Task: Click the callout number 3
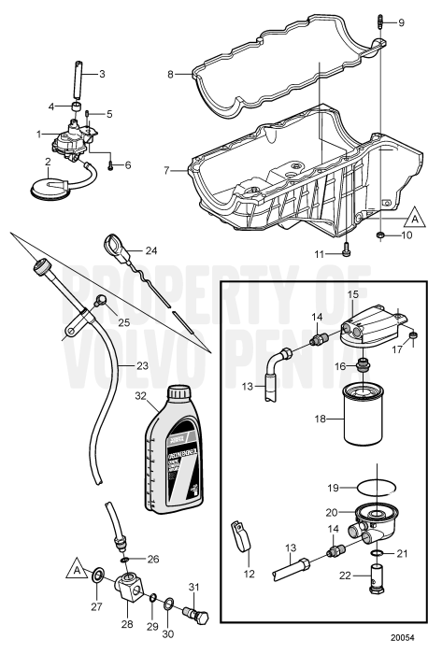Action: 103,73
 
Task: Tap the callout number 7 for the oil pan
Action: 166,171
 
